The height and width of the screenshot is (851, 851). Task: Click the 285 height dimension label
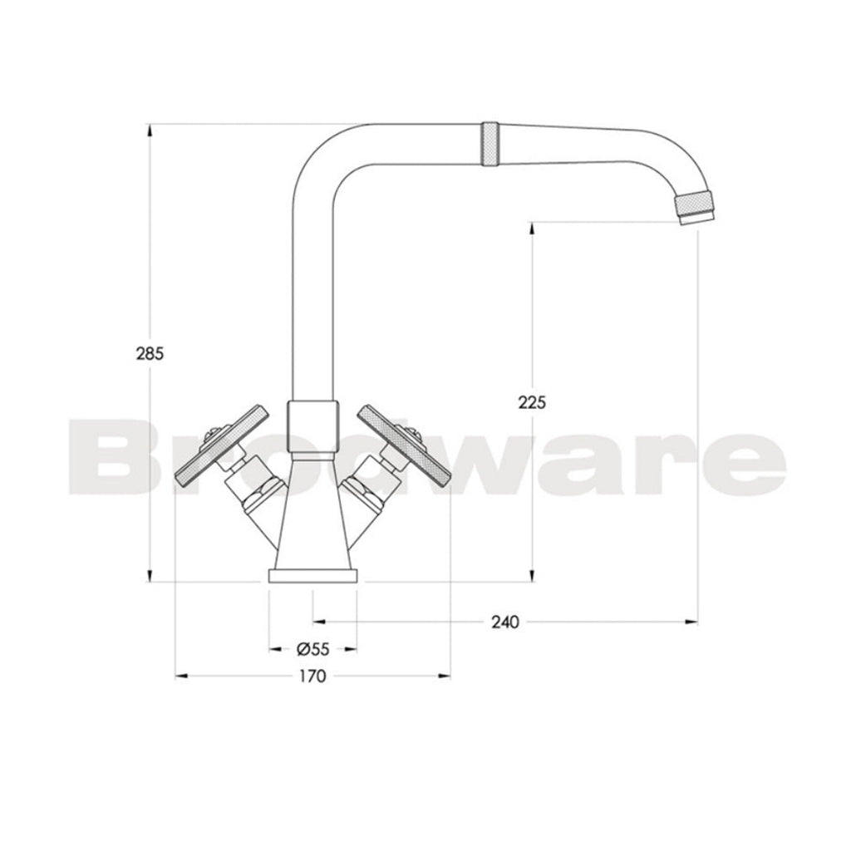150,352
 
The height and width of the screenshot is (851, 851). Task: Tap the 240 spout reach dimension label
504,622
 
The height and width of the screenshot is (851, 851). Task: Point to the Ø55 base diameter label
312,648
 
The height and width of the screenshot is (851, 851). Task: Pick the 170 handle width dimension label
312,676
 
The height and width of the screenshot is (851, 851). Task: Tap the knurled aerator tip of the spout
695,208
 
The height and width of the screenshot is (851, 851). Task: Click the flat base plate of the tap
312,578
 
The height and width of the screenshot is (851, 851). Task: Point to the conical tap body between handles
312,515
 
